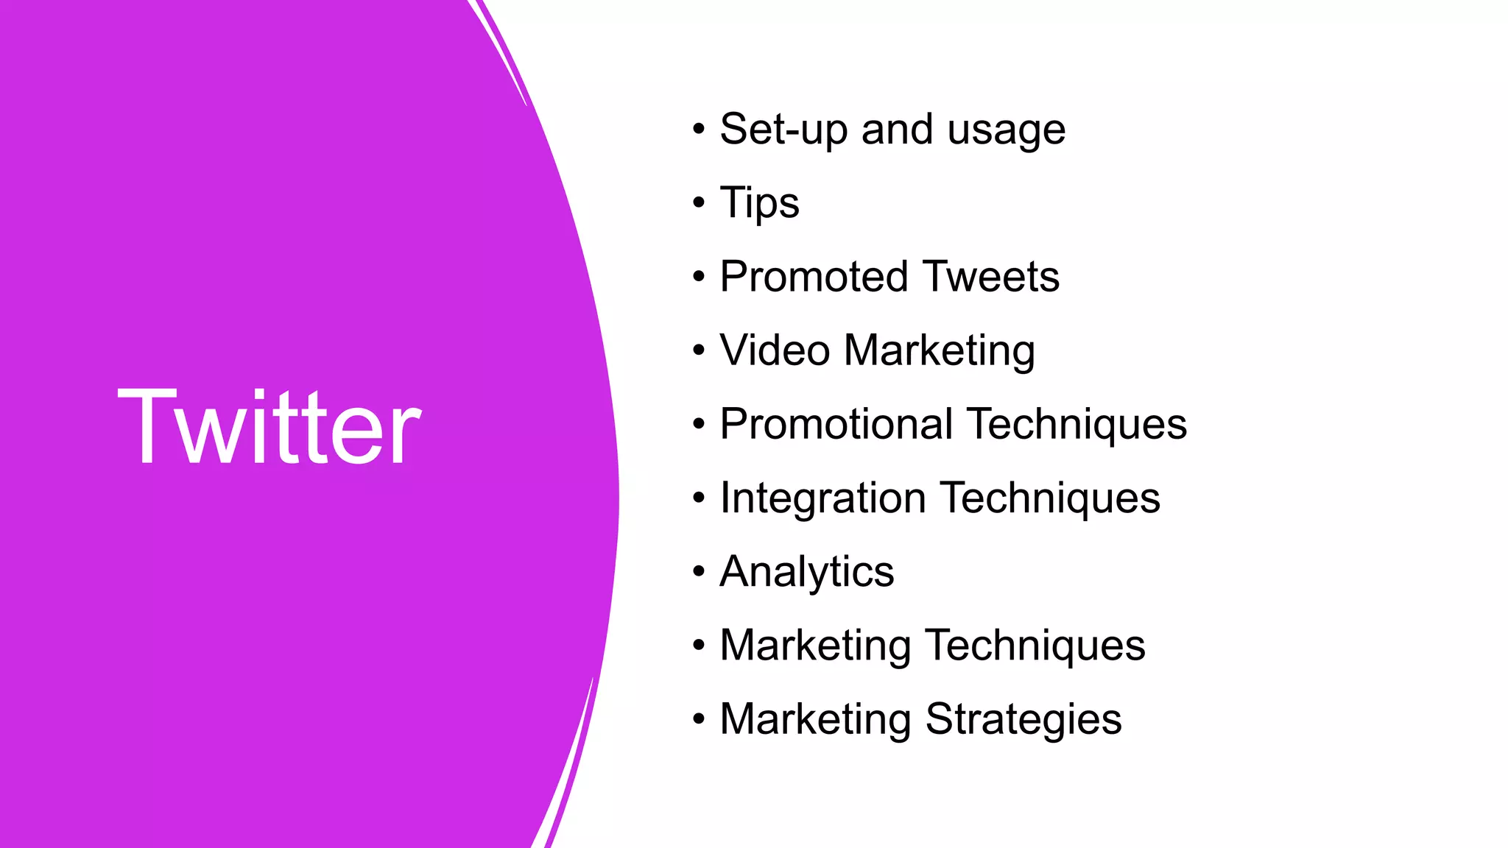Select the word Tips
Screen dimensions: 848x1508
pyautogui.click(x=759, y=204)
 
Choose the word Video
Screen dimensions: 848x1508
pyautogui.click(x=775, y=350)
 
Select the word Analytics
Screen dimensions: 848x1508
pyautogui.click(x=806, y=572)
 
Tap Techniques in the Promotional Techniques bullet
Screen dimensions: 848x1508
pyautogui.click(x=1077, y=425)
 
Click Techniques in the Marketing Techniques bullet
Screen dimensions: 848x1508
pyautogui.click(x=1035, y=646)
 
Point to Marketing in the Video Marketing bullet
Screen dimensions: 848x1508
pyautogui.click(x=940, y=351)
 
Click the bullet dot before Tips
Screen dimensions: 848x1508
pyautogui.click(x=699, y=202)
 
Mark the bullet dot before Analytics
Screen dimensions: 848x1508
pyautogui.click(x=699, y=571)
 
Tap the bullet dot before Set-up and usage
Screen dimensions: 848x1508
pyautogui.click(x=699, y=129)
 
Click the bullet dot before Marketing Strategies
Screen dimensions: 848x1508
pyautogui.click(x=699, y=718)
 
